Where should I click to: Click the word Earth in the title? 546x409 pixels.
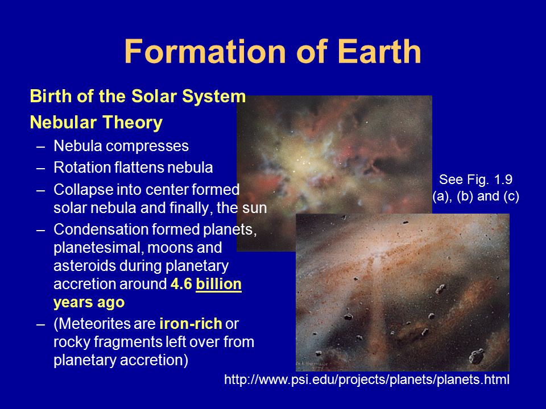(x=379, y=51)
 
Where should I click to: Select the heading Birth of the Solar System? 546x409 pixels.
(x=138, y=97)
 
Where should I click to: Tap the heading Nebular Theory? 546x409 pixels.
(x=96, y=123)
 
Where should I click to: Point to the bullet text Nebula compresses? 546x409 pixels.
(x=121, y=146)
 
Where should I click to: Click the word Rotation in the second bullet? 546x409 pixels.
(x=82, y=168)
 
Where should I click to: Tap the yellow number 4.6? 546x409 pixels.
(x=181, y=284)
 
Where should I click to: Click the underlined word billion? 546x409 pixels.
(x=218, y=284)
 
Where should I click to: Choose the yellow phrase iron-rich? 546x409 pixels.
(x=191, y=324)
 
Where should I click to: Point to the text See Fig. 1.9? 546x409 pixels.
(x=475, y=180)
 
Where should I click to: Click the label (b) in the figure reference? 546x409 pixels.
(x=465, y=196)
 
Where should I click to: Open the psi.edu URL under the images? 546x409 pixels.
(x=367, y=379)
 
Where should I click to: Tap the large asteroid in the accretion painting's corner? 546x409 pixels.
(x=477, y=357)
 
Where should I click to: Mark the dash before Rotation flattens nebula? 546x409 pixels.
(x=41, y=168)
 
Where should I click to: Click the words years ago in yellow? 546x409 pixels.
(x=89, y=303)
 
